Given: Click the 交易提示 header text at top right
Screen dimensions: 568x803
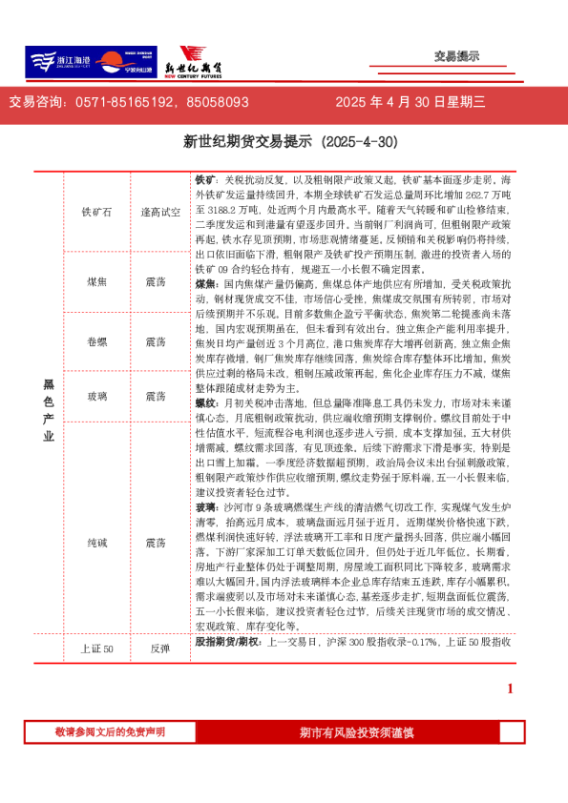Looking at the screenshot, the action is [x=456, y=57].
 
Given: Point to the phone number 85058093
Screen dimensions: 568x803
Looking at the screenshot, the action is [x=218, y=102].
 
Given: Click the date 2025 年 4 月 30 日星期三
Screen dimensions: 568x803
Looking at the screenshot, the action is [x=410, y=102].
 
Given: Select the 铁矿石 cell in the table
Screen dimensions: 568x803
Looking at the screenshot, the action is [x=96, y=212].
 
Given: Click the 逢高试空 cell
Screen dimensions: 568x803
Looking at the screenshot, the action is [x=160, y=212].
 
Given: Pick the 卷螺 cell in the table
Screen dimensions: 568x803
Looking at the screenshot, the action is [x=96, y=341].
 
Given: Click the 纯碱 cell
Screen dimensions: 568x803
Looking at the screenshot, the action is [x=96, y=542].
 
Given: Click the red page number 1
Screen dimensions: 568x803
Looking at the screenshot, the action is [x=510, y=689].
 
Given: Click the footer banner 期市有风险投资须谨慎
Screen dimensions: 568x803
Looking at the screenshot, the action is [x=356, y=732].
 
